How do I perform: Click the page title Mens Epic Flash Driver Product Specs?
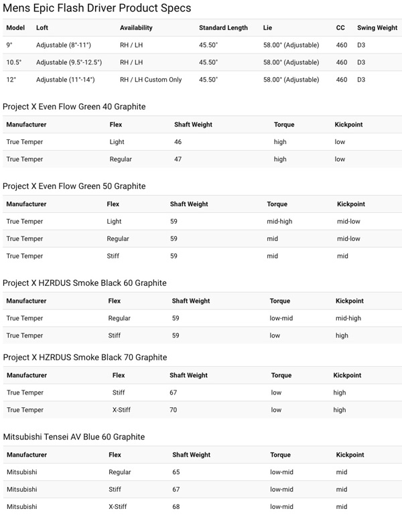coord(97,9)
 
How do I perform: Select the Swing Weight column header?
coord(377,27)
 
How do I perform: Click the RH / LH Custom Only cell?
coord(151,80)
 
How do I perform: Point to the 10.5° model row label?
coord(14,62)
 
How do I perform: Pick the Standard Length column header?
coord(223,27)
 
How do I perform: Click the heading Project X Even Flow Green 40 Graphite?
coord(74,107)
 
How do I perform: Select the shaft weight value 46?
coord(178,142)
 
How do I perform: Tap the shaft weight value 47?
coord(178,159)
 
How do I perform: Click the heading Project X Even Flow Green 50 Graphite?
coord(74,186)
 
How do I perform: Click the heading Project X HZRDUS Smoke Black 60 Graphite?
coord(85,283)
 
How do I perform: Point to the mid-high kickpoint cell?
coord(349,318)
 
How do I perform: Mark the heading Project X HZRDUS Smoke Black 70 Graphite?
coord(85,358)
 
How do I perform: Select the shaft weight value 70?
coord(174,410)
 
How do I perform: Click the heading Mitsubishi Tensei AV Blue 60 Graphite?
coord(74,437)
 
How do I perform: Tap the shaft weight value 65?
coord(176,472)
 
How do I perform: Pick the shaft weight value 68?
coord(176,507)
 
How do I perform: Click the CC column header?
coord(340,27)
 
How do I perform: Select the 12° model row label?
coord(10,80)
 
